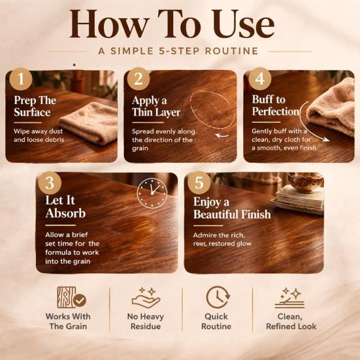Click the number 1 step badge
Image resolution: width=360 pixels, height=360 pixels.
(x=21, y=79)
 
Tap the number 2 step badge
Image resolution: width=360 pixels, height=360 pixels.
(x=139, y=79)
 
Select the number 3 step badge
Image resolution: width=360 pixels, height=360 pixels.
(x=50, y=183)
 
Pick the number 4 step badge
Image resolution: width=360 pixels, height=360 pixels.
(x=260, y=79)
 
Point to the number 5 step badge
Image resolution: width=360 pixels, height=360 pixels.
(x=199, y=183)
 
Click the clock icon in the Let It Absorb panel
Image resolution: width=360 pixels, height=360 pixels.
(x=152, y=193)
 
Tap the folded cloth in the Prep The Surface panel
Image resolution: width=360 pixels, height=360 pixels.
(x=89, y=123)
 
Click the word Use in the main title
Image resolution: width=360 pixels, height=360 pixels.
(x=243, y=24)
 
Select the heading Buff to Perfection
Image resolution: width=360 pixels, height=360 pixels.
(x=276, y=106)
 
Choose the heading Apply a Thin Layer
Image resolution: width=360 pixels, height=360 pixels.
(x=156, y=106)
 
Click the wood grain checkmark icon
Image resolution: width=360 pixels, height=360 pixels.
(x=71, y=297)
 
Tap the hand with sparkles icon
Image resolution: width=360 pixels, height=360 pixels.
(x=146, y=297)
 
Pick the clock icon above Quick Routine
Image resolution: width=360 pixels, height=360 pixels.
(x=218, y=297)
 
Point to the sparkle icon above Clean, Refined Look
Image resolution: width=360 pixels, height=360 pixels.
(x=289, y=297)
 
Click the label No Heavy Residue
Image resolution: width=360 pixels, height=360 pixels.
(x=146, y=321)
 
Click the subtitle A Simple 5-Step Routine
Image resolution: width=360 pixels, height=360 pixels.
(x=178, y=51)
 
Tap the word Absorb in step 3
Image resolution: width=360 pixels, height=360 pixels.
(x=66, y=213)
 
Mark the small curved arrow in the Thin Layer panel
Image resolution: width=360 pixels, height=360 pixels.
(x=221, y=136)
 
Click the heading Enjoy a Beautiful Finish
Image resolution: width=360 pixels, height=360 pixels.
(x=232, y=208)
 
